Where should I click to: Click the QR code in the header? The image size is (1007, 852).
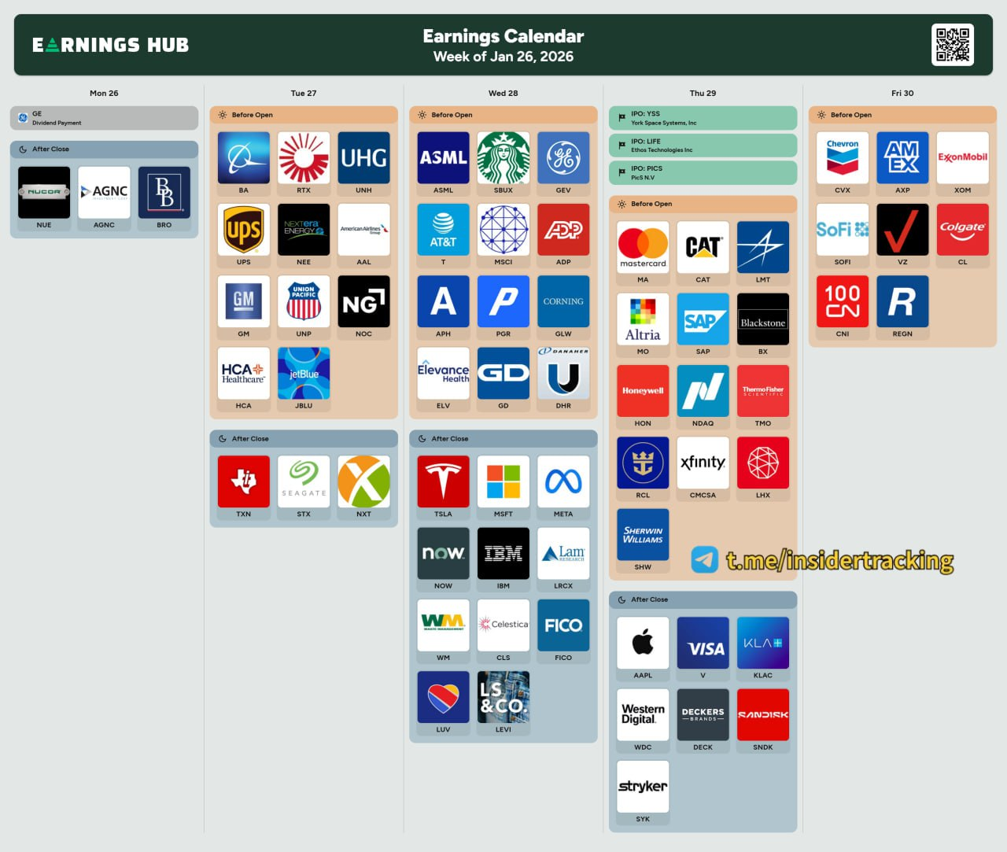pyautogui.click(x=953, y=45)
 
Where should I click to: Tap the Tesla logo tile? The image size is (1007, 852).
pyautogui.click(x=443, y=481)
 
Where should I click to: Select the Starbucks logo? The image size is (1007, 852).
pyautogui.click(x=503, y=157)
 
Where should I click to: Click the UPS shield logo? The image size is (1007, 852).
pyautogui.click(x=244, y=230)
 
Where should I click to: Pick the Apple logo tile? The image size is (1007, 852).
pyautogui.click(x=643, y=643)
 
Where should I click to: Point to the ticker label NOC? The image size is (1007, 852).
pyautogui.click(x=363, y=334)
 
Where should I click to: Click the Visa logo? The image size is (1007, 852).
pyautogui.click(x=703, y=643)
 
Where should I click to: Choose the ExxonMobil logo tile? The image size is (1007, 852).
pyautogui.click(x=962, y=157)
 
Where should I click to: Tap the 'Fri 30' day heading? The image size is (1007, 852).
pyautogui.click(x=902, y=93)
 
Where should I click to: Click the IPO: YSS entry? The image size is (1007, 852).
pyautogui.click(x=703, y=118)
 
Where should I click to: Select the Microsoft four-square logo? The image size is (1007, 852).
pyautogui.click(x=503, y=481)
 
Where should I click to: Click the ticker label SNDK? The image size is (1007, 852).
pyautogui.click(x=763, y=747)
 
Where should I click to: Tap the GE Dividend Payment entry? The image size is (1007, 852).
pyautogui.click(x=104, y=118)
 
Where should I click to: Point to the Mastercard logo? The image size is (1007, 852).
pyautogui.click(x=643, y=246)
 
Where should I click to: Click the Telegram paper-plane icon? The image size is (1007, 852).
pyautogui.click(x=705, y=559)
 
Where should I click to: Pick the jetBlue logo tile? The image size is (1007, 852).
pyautogui.click(x=304, y=374)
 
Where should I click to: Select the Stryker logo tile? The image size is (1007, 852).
pyautogui.click(x=643, y=786)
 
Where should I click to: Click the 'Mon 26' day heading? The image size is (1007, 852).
pyautogui.click(x=104, y=93)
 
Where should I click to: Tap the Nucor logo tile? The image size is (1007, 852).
pyautogui.click(x=44, y=192)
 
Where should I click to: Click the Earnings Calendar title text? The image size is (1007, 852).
pyautogui.click(x=503, y=36)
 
